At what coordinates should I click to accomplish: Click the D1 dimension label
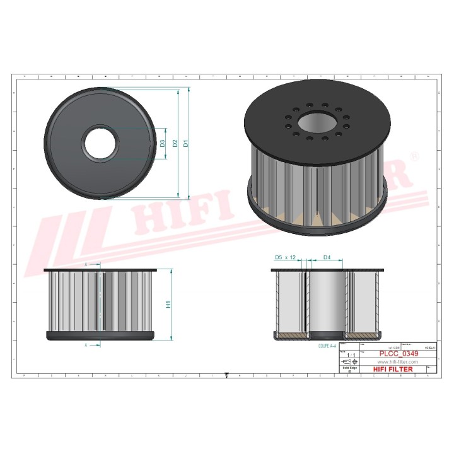(185, 144)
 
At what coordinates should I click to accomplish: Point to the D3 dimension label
(162, 144)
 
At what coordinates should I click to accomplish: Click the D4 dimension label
(327, 258)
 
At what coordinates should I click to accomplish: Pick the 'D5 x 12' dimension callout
(286, 258)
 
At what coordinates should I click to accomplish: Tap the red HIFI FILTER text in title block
(393, 369)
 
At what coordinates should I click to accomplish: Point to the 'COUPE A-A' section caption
(327, 346)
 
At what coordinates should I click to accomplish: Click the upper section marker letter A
(85, 264)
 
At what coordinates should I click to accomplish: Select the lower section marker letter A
(85, 346)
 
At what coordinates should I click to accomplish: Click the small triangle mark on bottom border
(226, 376)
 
